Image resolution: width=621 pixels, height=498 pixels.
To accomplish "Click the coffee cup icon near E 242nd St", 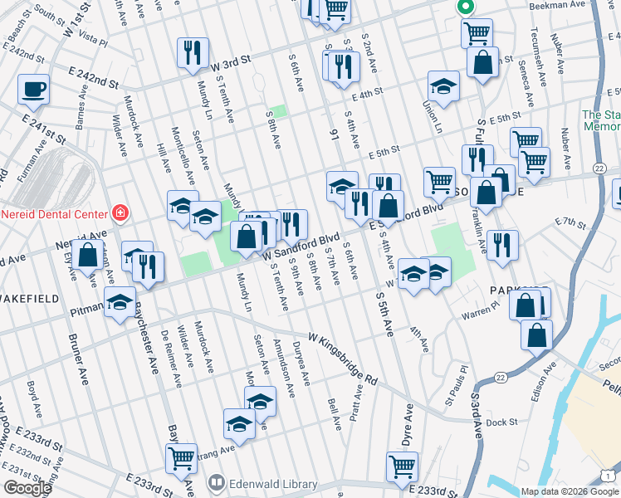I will tap(33, 89).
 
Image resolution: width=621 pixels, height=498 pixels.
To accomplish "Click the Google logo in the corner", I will tap(27, 488).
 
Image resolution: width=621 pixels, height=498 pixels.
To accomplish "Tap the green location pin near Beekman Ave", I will tap(465, 7).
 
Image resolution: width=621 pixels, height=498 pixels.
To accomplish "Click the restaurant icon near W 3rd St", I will tap(193, 52).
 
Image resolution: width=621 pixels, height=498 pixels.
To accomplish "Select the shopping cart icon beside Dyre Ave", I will tap(402, 466).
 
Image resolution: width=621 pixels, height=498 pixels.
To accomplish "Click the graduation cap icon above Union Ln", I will tap(444, 85).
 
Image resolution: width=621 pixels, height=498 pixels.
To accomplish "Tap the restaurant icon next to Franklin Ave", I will tap(502, 244).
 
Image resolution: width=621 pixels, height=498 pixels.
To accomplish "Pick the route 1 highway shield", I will tap(610, 474).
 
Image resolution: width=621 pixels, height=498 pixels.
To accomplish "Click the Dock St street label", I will tap(502, 422).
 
